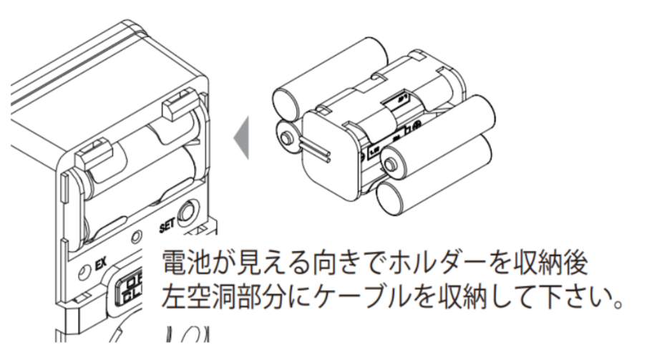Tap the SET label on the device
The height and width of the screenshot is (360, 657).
pyautogui.click(x=167, y=227)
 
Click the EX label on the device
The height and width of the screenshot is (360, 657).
pyautogui.click(x=101, y=264)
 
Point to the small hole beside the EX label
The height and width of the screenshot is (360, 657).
pyautogui.click(x=84, y=273)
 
